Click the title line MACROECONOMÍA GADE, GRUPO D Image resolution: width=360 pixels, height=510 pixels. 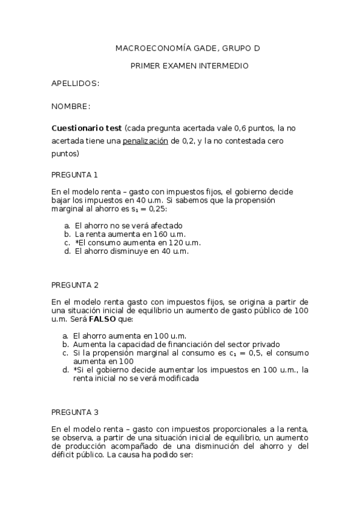click(188, 48)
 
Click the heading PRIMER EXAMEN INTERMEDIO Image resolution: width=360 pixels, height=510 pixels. click(189, 66)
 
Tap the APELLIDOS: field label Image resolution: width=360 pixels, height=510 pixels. click(75, 83)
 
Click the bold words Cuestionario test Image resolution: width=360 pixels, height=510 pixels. click(87, 128)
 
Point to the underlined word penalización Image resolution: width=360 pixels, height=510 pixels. click(145, 141)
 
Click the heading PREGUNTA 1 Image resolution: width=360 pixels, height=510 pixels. click(75, 175)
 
